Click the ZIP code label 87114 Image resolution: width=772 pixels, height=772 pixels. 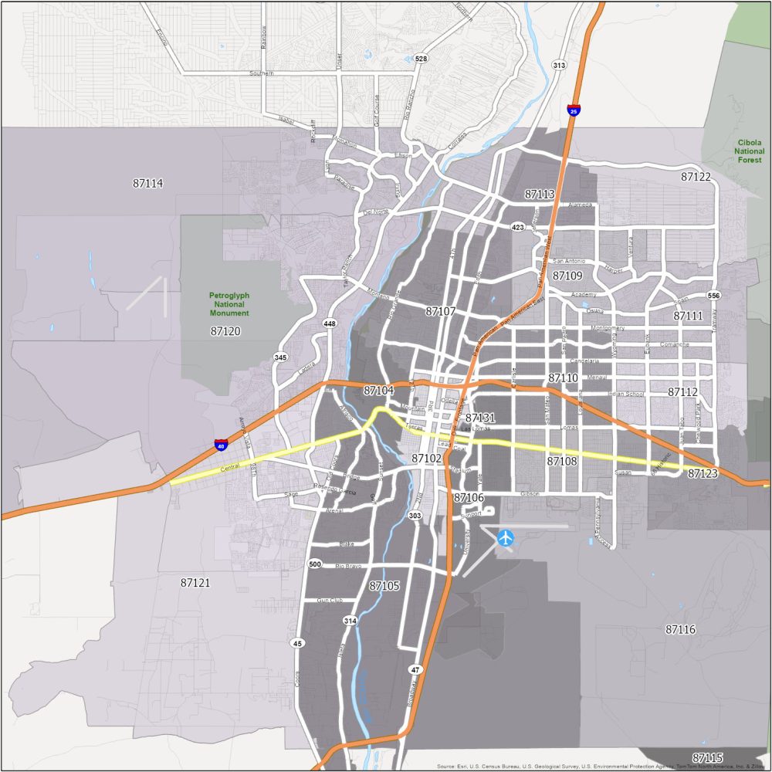pos(148,184)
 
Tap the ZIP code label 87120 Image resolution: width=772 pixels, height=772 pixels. pos(225,331)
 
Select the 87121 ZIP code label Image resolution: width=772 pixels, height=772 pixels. pos(195,583)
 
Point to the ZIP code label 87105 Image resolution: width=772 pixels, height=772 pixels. pos(384,586)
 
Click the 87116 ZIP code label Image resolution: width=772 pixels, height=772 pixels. pos(680,630)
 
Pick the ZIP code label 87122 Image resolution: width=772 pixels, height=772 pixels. pos(696,177)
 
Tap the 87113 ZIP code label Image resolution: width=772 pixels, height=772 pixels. pos(540,194)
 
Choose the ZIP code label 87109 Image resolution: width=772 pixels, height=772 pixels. pos(567,276)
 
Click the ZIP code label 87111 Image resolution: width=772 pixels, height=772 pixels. pos(688,316)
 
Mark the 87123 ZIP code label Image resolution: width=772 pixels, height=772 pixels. pos(703,473)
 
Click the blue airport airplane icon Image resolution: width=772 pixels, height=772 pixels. pos(506,537)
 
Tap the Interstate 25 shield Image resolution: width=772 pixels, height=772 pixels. pos(573,110)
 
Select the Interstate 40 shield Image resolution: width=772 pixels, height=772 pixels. pos(221,445)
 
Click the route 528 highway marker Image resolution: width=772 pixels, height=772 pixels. pos(421,59)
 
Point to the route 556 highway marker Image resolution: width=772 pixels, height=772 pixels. pos(713,296)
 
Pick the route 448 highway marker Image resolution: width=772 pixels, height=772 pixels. pos(330,323)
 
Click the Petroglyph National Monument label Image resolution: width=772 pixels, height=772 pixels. pos(229,304)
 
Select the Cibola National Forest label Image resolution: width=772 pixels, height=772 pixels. pos(749,152)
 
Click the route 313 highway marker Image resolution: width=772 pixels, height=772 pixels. pos(559,66)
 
